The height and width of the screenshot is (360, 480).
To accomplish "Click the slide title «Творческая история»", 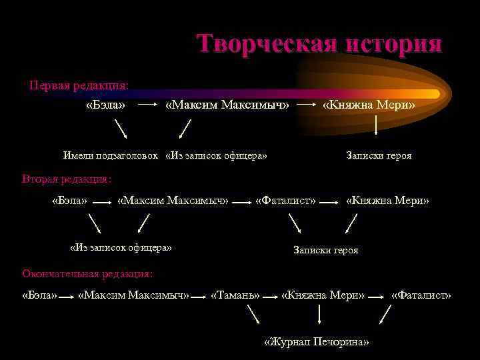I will pos(319,44).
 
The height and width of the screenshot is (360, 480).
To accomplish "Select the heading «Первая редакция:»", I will pos(79,86).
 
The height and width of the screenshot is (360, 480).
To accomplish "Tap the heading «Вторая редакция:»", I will pos(67,179).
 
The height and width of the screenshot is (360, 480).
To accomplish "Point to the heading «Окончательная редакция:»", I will pos(87,273).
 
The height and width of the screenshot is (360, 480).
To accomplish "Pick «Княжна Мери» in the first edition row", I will pos(369,105).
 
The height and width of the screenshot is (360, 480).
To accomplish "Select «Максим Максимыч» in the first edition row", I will pos(227,105).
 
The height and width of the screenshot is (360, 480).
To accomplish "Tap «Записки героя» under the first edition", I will pos(379,155).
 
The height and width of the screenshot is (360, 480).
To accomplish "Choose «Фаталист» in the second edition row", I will pos(286,200).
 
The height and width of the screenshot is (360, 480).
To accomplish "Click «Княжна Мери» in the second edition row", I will pos(387,200).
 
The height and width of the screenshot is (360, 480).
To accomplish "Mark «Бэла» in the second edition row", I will pos(69,200).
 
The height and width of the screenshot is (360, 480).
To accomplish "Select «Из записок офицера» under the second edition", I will pos(121,248).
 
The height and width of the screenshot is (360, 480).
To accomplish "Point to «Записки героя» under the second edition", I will pos(326,250).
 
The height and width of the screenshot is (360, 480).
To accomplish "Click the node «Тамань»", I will pos(235,295).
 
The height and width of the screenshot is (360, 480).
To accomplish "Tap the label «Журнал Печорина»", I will pos(317,342).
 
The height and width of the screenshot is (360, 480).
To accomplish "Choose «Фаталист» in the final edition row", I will pos(421,295).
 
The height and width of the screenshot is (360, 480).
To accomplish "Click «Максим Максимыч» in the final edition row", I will pos(134,295).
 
